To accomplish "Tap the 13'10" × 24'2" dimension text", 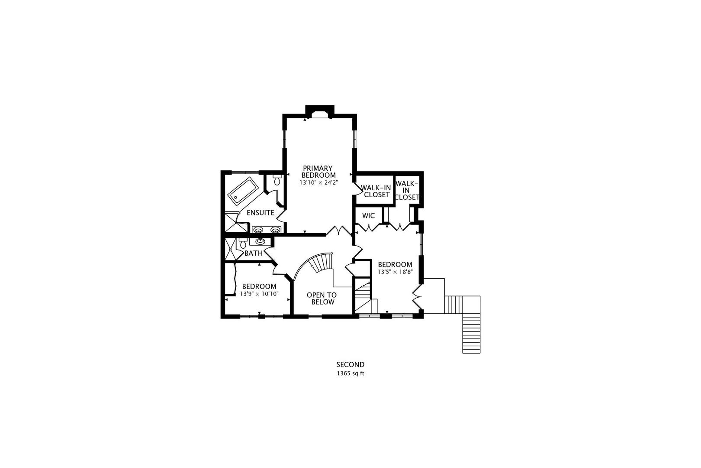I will (318, 183).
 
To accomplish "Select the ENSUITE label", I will (260, 213).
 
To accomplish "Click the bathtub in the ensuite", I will (243, 192).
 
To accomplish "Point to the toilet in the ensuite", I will (277, 180).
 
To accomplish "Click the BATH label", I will (253, 253).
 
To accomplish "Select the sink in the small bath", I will (260, 241).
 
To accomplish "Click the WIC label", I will (368, 215).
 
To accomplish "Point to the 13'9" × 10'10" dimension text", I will (259, 294).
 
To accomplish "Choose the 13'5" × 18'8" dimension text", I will (395, 272).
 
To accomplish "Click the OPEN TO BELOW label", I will (322, 299).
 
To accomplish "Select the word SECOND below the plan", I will (350, 364).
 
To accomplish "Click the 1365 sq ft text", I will (350, 373).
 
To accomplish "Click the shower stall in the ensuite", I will (234, 224).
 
